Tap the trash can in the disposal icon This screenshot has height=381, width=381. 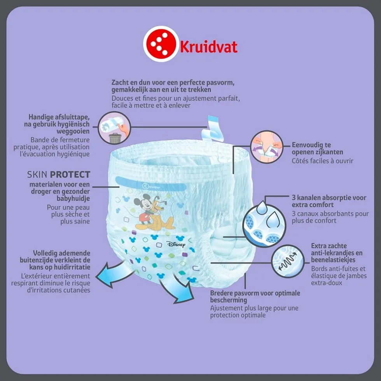(115, 138)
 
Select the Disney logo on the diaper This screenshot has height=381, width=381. (177, 244)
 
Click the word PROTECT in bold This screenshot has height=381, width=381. (70, 175)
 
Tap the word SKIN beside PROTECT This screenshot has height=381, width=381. (38, 175)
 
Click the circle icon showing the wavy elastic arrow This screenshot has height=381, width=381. (288, 261)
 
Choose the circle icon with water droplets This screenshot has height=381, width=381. (264, 225)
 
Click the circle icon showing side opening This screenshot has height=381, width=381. (267, 147)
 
